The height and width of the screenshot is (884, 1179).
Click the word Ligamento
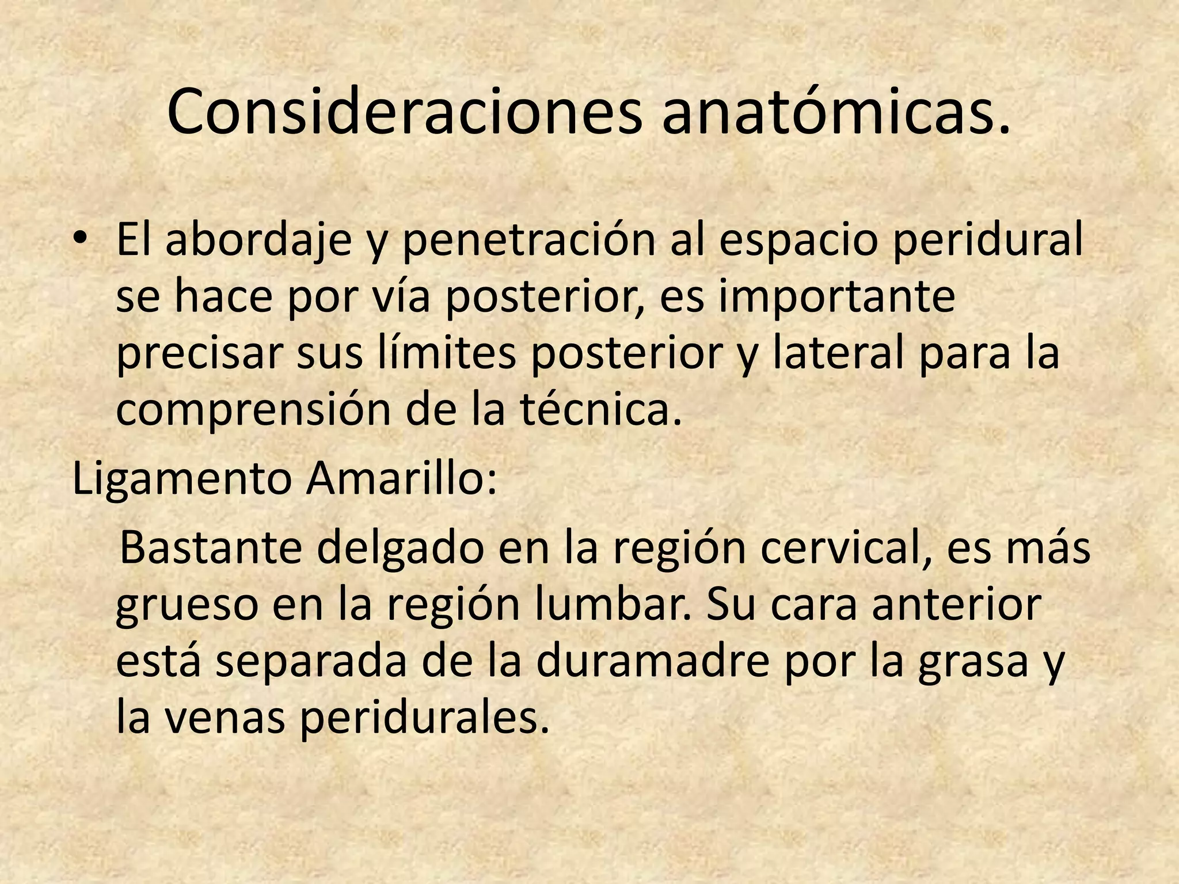(182, 479)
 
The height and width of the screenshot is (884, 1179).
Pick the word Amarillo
(401, 479)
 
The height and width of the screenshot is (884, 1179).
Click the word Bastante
(211, 548)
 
